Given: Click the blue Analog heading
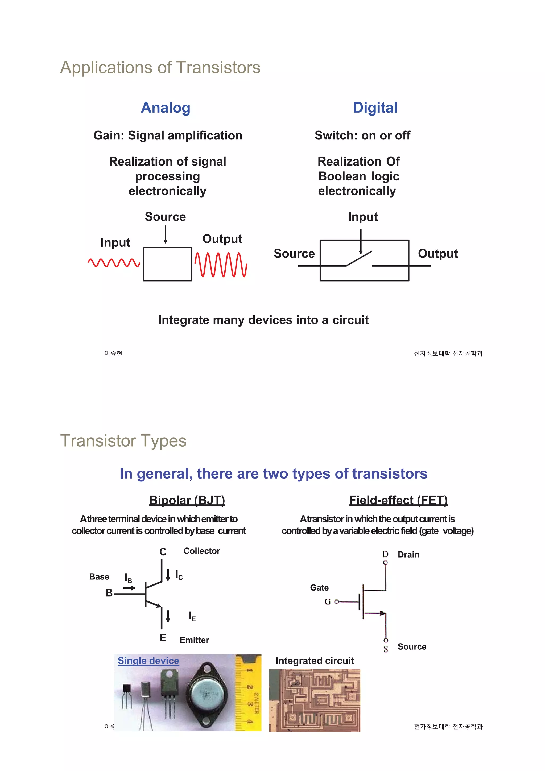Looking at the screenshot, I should point(166,108).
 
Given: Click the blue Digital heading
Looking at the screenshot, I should point(375,108).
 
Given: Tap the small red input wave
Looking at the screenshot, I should point(114,263).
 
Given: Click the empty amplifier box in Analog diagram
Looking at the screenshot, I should point(167,264).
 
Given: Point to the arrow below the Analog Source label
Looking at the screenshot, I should point(166,234).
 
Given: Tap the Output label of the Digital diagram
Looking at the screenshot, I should point(437,254).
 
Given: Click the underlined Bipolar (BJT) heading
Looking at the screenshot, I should point(187,500).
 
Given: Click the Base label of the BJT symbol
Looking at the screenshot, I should point(99,576).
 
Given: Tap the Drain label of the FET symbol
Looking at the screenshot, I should point(408,554).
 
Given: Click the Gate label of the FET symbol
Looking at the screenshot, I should point(319,588).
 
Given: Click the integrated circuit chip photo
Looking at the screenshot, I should point(314,700).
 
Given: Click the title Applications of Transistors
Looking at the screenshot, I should point(160,68).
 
